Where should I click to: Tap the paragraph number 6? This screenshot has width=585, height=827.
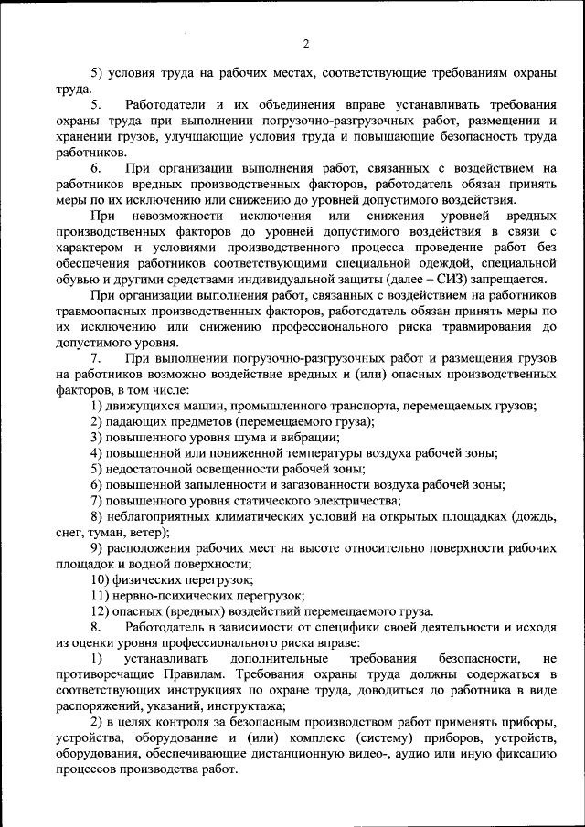[96, 168]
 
